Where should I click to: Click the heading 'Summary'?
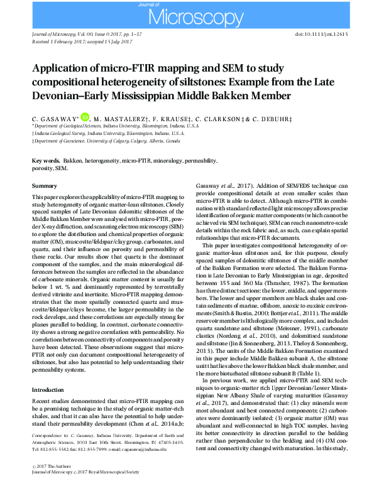[x=44, y=186]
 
